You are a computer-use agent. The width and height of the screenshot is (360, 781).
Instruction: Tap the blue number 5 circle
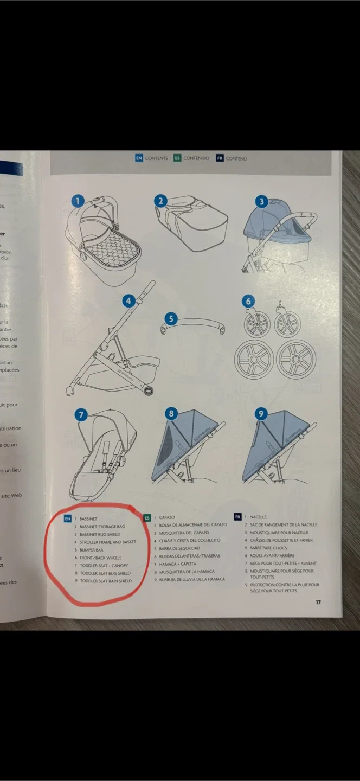[x=171, y=318]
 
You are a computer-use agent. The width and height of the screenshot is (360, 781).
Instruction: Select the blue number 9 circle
[x=261, y=414]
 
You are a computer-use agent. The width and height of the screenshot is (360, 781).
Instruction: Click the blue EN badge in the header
[x=139, y=158]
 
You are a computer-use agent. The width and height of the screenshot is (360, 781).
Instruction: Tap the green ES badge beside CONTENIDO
[x=177, y=158]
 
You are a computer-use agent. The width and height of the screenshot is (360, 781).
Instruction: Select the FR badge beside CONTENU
[x=220, y=158]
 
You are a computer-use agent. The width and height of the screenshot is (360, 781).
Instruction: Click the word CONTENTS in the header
[x=156, y=158]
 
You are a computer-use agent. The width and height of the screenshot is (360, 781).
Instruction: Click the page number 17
[x=319, y=602]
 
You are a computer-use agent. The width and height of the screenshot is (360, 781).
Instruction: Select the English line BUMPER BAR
[x=92, y=550]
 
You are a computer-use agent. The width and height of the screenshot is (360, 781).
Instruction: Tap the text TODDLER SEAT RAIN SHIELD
[x=106, y=581]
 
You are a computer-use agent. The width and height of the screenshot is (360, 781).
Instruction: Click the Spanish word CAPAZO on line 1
[x=167, y=517]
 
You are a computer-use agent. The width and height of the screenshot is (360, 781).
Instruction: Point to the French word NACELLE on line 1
[x=258, y=517]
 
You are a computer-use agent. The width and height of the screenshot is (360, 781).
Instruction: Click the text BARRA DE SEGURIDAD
[x=179, y=548]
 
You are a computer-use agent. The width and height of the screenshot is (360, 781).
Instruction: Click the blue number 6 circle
[x=248, y=302]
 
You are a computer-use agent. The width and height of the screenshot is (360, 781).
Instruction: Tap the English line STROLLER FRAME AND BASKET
[x=108, y=542]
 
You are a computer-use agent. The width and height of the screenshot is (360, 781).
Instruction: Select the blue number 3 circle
[x=262, y=201]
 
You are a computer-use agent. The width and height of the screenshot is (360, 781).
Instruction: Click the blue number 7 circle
[x=81, y=415]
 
